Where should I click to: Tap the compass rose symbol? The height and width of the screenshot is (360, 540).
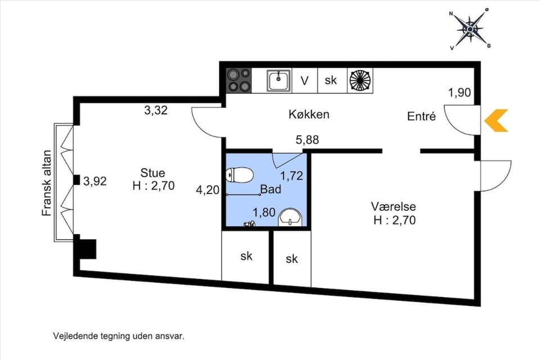pyautogui.click(x=470, y=28)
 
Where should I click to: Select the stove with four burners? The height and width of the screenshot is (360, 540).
pyautogui.click(x=238, y=80)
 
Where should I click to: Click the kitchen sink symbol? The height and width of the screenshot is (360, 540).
pyautogui.click(x=278, y=80)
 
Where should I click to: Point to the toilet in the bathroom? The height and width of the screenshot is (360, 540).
pyautogui.click(x=238, y=175)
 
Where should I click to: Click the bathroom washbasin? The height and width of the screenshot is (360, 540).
pyautogui.click(x=291, y=217)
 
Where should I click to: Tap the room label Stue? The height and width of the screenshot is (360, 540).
pyautogui.click(x=153, y=173)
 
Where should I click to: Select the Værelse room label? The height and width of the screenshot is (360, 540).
pyautogui.click(x=394, y=206)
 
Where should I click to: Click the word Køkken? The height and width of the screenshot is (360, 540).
pyautogui.click(x=308, y=114)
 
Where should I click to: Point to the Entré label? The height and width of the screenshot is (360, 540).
pyautogui.click(x=422, y=116)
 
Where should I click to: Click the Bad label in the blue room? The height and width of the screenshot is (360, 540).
pyautogui.click(x=271, y=190)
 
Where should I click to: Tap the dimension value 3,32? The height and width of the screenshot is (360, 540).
pyautogui.click(x=156, y=110)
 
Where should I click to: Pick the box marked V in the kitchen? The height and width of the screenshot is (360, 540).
pyautogui.click(x=304, y=80)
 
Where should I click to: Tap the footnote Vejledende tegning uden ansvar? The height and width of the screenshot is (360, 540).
pyautogui.click(x=119, y=336)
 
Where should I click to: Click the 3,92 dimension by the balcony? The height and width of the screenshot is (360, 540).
pyautogui.click(x=94, y=181)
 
